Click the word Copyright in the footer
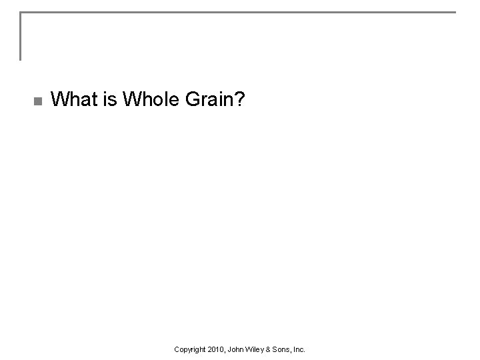[x=189, y=349]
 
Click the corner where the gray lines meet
[x=21, y=13]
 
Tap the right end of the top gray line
[x=454, y=13]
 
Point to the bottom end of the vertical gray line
[x=21, y=59]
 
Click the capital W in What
[x=58, y=100]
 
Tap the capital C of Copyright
[x=176, y=349]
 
